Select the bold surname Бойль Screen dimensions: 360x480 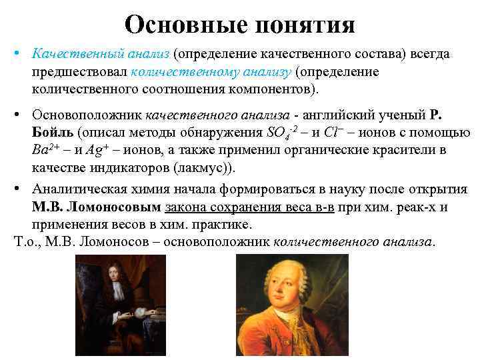(x=53, y=132)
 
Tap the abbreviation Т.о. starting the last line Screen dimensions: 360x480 (x=25, y=242)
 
